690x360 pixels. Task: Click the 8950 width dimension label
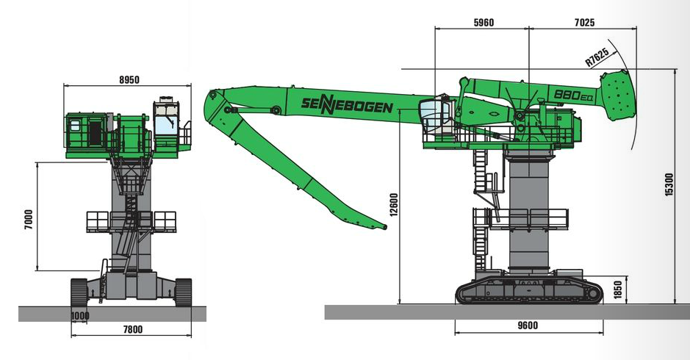tap(129, 79)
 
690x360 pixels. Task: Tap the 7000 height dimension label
tap(29, 221)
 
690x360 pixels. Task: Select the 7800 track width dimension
tap(132, 329)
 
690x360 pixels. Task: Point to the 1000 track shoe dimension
tap(80, 315)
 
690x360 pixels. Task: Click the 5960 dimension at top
tap(484, 23)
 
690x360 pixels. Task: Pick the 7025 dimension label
tap(585, 23)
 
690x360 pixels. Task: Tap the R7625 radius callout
tap(597, 57)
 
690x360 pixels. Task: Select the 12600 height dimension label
tap(394, 205)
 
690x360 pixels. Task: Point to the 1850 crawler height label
tap(618, 290)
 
